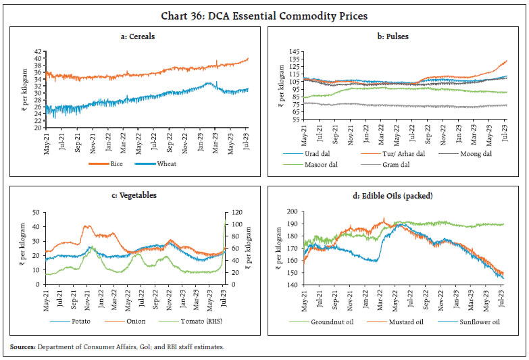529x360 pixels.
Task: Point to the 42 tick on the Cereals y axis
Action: [x=39, y=52]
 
